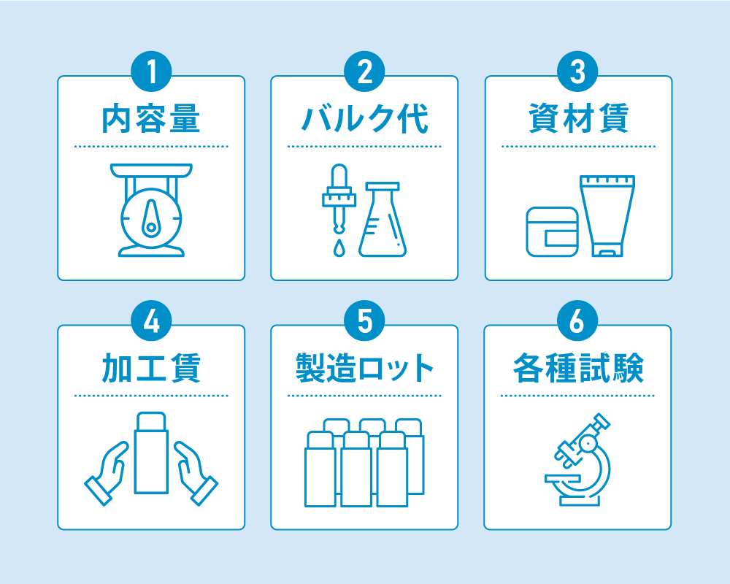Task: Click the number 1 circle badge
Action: tap(151, 72)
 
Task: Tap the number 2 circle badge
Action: tap(364, 72)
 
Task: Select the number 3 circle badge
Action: tap(577, 72)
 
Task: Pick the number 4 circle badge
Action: tap(151, 321)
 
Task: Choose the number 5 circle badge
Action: tap(364, 321)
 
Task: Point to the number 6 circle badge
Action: tap(577, 321)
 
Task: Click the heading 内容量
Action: tap(151, 119)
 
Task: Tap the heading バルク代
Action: tap(364, 119)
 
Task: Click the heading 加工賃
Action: tap(151, 368)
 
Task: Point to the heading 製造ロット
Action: tap(364, 368)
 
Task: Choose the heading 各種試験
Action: tap(578, 368)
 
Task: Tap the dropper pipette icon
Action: tap(339, 197)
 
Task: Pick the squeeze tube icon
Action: tap(607, 215)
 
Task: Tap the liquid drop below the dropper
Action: tap(339, 249)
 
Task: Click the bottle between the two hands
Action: tap(151, 453)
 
